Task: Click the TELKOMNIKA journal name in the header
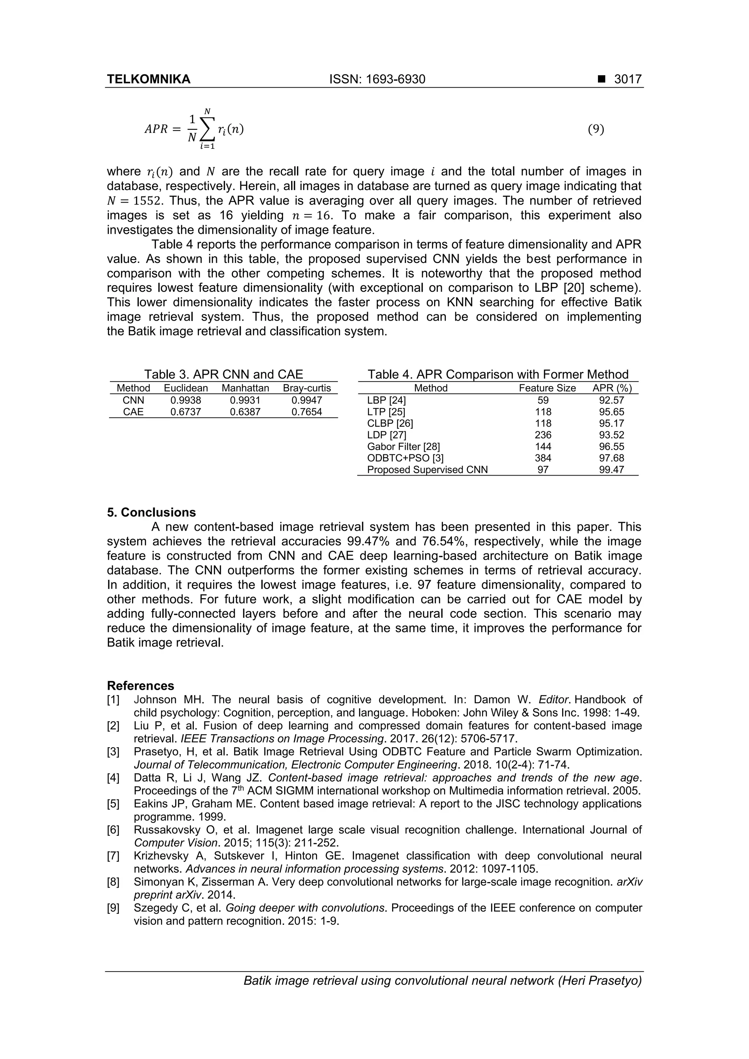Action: point(148,79)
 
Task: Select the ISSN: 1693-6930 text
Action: point(377,79)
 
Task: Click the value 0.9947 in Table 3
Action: point(306,400)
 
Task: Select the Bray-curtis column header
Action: point(306,388)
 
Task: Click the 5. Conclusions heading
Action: point(151,513)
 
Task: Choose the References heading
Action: point(140,685)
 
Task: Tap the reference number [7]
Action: point(113,856)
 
